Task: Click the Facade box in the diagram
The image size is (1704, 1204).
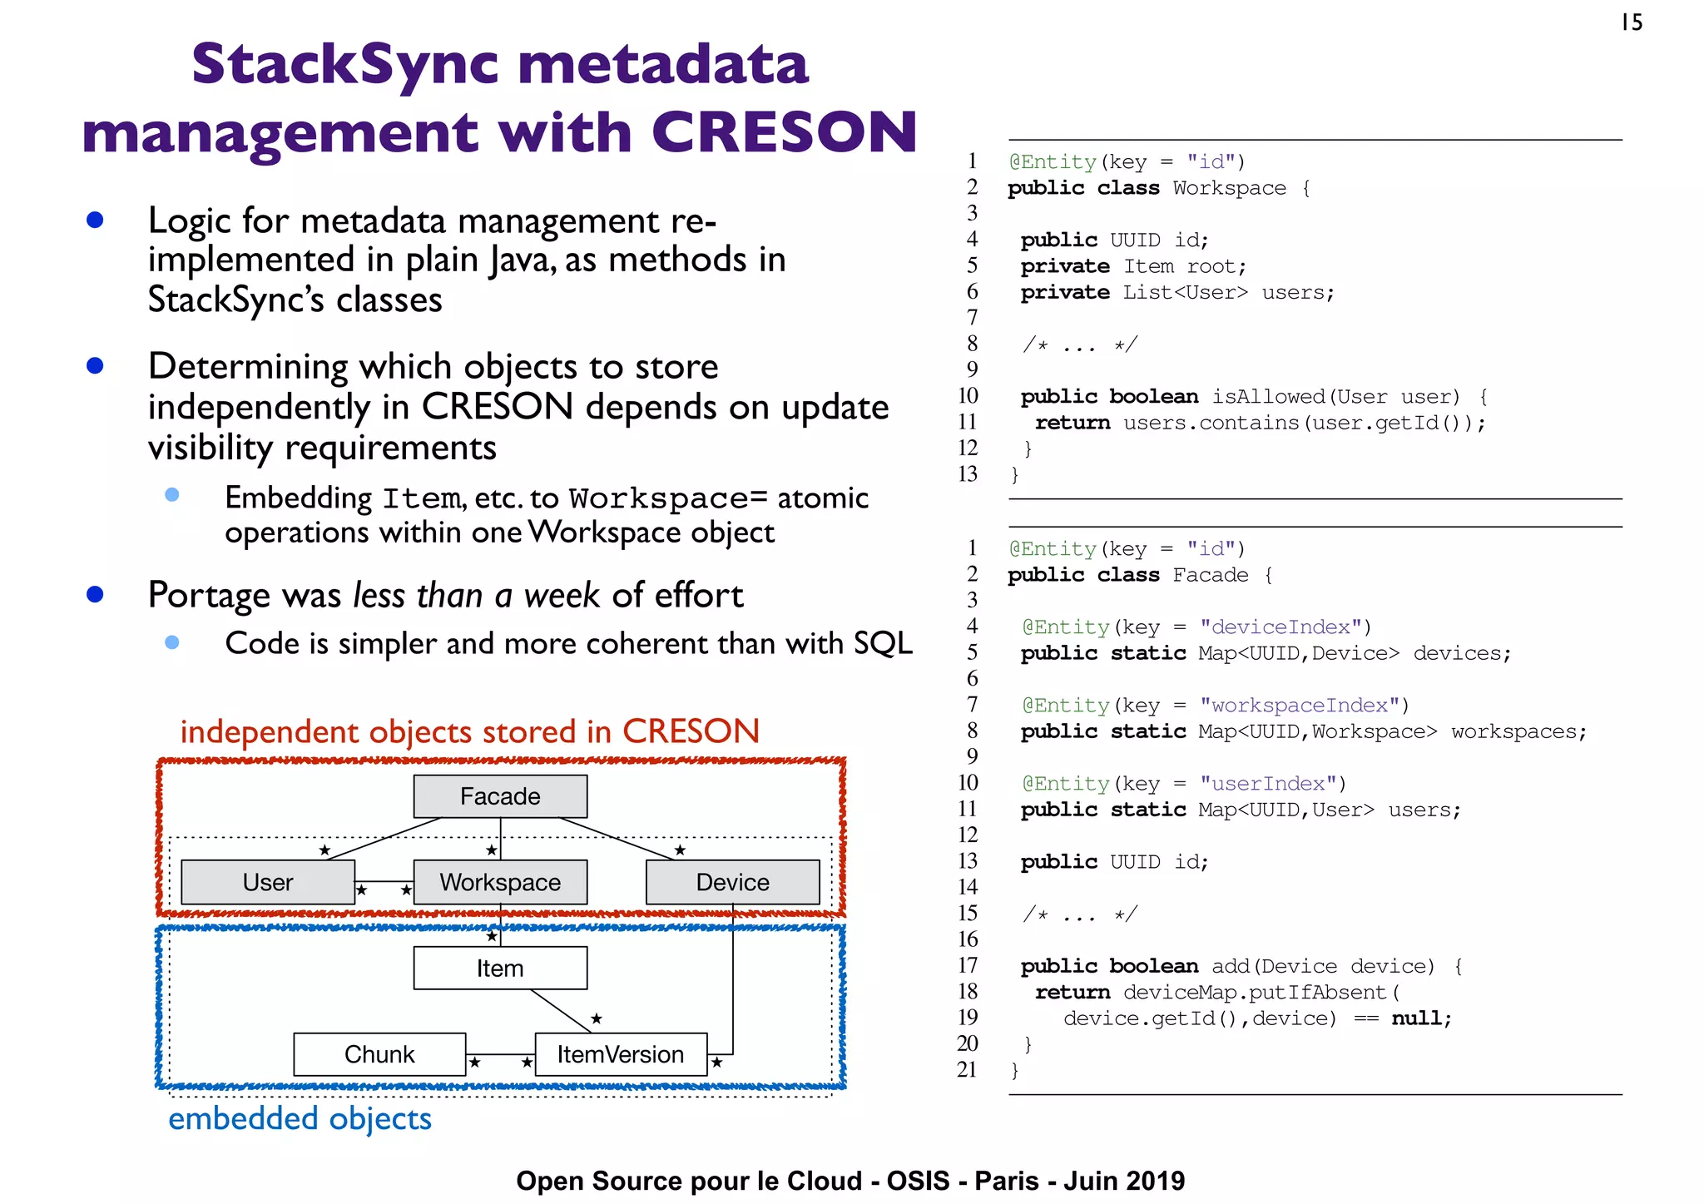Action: pyautogui.click(x=500, y=796)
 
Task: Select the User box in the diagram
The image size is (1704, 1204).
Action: pyautogui.click(x=268, y=882)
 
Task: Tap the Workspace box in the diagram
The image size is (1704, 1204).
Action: pyautogui.click(x=500, y=882)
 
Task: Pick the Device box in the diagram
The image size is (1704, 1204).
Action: pyautogui.click(x=732, y=882)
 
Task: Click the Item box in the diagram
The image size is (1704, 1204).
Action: pyautogui.click(x=500, y=969)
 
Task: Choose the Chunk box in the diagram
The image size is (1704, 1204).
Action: pyautogui.click(x=379, y=1054)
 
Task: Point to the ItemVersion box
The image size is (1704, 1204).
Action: pyautogui.click(x=621, y=1054)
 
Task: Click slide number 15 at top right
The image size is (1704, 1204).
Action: pyautogui.click(x=1632, y=22)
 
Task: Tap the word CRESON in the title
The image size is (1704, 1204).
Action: pyautogui.click(x=784, y=132)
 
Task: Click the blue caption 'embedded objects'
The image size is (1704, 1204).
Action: pyautogui.click(x=300, y=1118)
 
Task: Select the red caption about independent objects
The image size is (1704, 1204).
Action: pyautogui.click(x=469, y=731)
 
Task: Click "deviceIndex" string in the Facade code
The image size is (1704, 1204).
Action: pyautogui.click(x=1280, y=627)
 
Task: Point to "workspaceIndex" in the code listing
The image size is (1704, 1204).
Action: pyautogui.click(x=1299, y=705)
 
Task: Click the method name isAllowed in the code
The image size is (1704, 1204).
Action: pyautogui.click(x=1268, y=397)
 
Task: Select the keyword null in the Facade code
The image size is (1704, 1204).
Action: pyautogui.click(x=1418, y=1018)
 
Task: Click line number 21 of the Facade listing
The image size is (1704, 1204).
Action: pyautogui.click(x=967, y=1069)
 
